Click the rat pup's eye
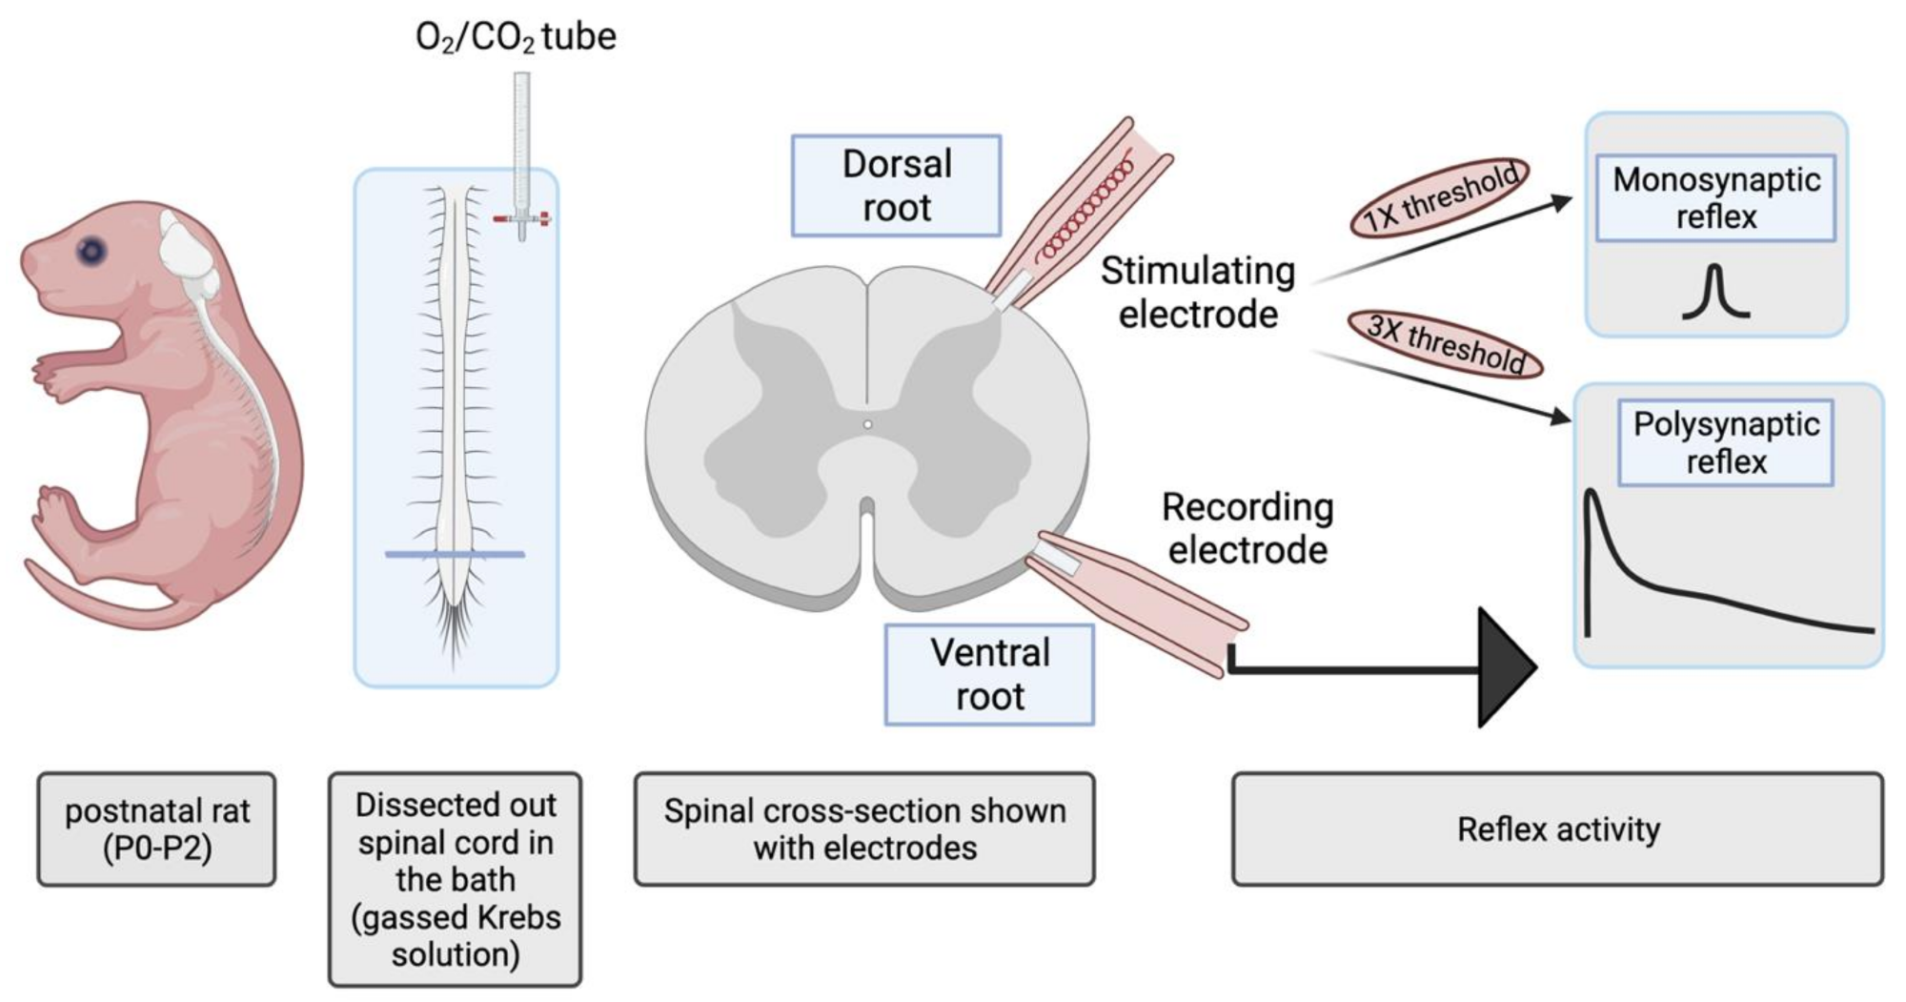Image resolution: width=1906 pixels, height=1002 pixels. click(91, 252)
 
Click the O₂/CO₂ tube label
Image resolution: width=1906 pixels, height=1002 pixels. click(516, 37)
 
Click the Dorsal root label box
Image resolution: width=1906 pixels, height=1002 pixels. click(896, 185)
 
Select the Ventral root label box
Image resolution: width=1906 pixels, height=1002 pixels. click(989, 674)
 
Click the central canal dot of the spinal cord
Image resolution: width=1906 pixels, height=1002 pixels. click(867, 424)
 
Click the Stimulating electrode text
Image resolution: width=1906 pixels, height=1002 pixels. click(1198, 293)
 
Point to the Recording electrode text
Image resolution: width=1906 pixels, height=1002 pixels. click(1247, 528)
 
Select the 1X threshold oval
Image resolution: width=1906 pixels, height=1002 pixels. click(1439, 197)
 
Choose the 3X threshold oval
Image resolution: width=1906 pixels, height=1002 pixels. click(1445, 343)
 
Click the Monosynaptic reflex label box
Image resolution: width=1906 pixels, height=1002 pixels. click(1715, 198)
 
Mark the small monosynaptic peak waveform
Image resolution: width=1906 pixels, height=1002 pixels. click(1715, 292)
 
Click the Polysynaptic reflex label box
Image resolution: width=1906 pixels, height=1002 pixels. click(1725, 443)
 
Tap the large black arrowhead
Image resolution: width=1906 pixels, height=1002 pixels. click(1506, 667)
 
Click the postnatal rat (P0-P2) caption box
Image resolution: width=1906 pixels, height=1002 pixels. click(157, 828)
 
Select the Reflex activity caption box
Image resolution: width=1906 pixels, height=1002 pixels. click(1558, 828)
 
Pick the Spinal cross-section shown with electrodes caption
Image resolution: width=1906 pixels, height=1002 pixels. click(864, 828)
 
